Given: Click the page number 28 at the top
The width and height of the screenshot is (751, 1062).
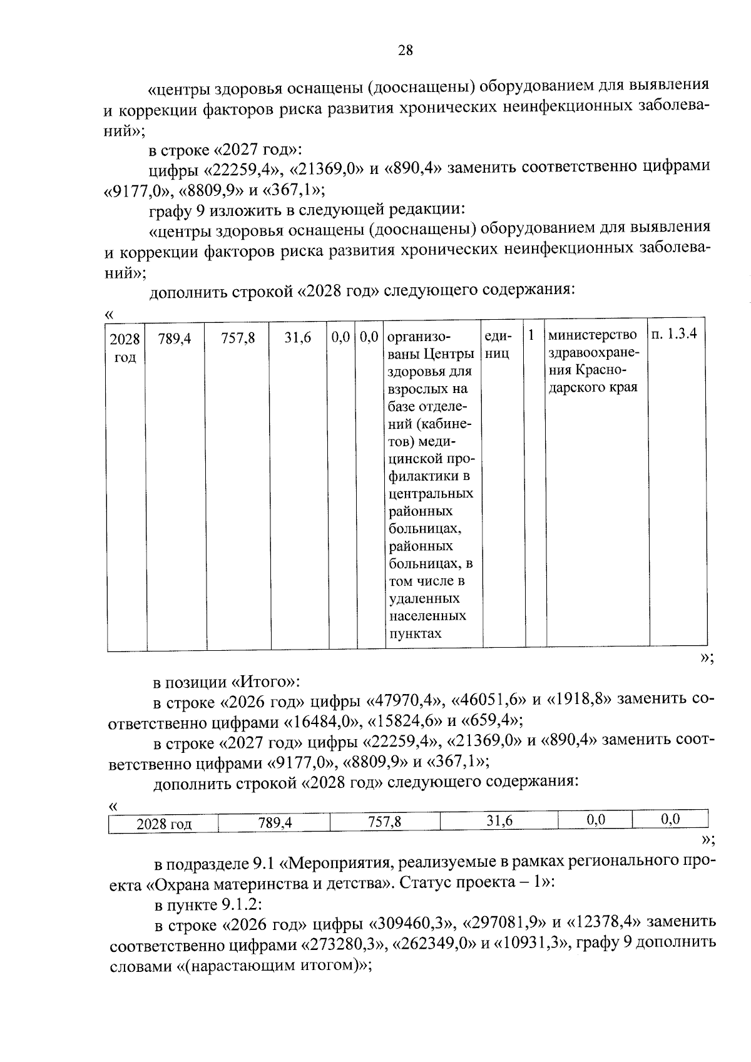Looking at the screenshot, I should (x=405, y=51).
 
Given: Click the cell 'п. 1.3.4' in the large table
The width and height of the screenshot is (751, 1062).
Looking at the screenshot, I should (x=674, y=334).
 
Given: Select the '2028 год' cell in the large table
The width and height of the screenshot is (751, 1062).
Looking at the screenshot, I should (x=125, y=348).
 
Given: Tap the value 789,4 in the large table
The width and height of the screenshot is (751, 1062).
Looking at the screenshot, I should (x=175, y=339).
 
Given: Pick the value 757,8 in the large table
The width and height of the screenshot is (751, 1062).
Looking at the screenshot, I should (x=238, y=339).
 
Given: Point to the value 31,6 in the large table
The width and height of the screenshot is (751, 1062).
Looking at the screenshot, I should (x=298, y=339).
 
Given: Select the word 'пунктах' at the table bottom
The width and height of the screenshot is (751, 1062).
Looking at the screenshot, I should (x=416, y=633).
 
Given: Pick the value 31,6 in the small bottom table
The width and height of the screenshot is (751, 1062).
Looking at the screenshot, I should (x=499, y=821).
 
